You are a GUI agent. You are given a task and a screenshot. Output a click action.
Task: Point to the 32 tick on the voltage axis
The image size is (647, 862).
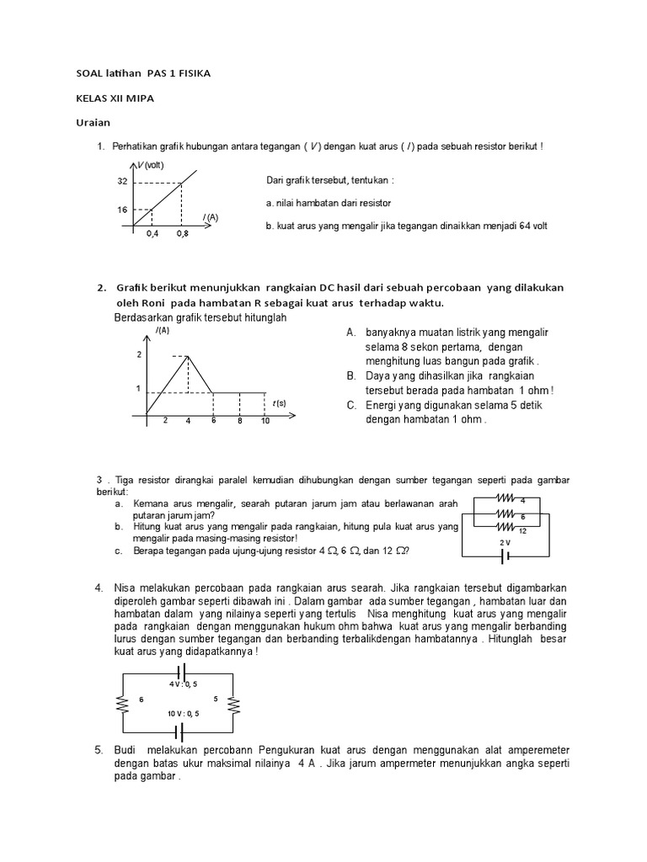tap(123, 182)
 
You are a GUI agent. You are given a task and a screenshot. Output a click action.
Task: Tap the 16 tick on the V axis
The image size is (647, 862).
tap(123, 210)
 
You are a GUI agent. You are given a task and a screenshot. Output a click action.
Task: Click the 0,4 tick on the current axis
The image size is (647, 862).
tap(152, 233)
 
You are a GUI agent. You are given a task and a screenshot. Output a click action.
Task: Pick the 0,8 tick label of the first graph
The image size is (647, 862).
tap(183, 233)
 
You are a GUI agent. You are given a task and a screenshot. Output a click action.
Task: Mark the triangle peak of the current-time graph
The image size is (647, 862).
tap(187, 356)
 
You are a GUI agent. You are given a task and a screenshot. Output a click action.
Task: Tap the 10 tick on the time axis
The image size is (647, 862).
tap(265, 421)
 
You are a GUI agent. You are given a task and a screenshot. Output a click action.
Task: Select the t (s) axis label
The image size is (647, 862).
tap(278, 403)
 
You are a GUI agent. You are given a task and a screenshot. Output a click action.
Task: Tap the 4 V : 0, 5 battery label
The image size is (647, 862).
tap(183, 684)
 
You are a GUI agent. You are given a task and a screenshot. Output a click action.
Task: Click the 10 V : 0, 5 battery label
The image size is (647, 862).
tap(183, 713)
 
